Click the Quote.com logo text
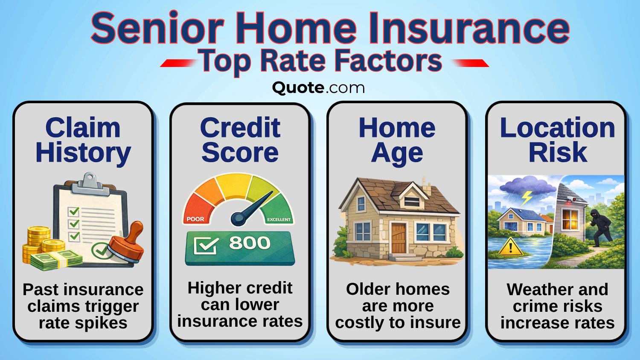(x=318, y=88)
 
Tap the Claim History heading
(x=83, y=140)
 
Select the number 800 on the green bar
(x=250, y=243)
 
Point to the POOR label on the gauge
(x=195, y=219)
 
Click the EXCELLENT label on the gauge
(x=279, y=220)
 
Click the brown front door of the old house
(x=399, y=238)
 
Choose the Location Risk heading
(x=557, y=140)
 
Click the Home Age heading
(x=397, y=140)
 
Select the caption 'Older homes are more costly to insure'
(x=398, y=306)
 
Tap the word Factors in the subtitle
(x=388, y=61)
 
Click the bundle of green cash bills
(x=60, y=259)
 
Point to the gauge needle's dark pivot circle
(x=238, y=218)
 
